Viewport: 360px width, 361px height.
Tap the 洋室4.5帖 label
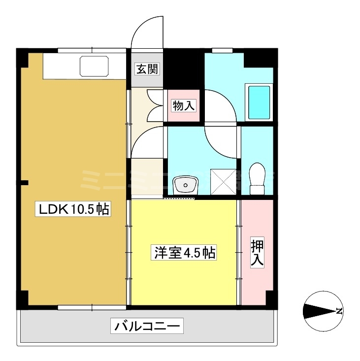(x=184, y=253)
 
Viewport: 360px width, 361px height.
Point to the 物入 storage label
(x=184, y=105)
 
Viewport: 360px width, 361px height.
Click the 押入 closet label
(x=257, y=253)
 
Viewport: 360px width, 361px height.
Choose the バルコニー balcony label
(x=149, y=326)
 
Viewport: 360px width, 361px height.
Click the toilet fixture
(x=258, y=179)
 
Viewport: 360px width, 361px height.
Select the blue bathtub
(x=258, y=102)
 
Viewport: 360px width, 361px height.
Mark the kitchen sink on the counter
(x=94, y=67)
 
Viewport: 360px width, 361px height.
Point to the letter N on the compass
(x=339, y=311)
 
